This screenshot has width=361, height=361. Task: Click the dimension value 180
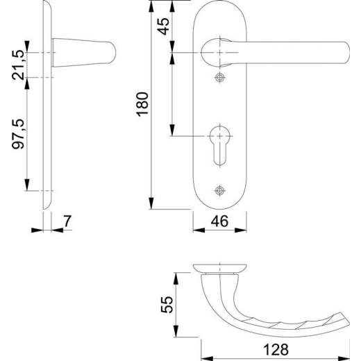point(142,105)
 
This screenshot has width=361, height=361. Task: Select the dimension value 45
point(164,28)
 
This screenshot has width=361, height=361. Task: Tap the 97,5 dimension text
point(20,133)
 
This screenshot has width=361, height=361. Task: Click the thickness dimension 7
point(67,221)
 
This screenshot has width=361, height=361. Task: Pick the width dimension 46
point(220,222)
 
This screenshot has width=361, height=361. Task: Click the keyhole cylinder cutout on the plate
point(220,143)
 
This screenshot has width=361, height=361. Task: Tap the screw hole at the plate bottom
point(220,190)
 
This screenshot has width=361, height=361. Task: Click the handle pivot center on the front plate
point(220,54)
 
